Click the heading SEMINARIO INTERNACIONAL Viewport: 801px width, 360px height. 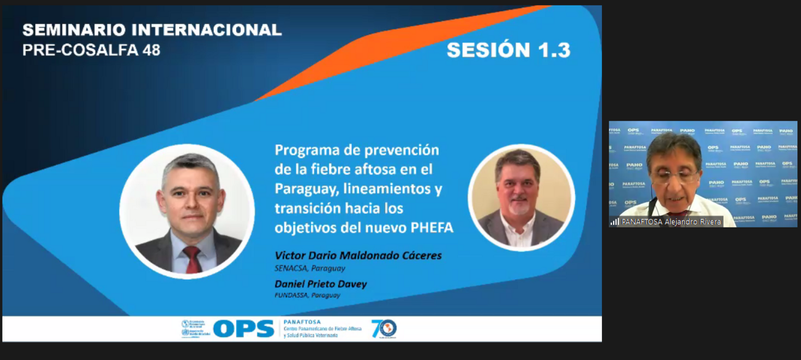[x=152, y=30]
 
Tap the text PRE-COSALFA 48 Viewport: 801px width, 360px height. [x=91, y=51]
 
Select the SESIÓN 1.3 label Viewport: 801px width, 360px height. [x=508, y=50]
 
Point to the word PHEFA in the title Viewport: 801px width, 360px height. [x=431, y=227]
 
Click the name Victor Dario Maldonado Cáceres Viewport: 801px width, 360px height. [x=358, y=255]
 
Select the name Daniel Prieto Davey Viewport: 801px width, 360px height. [x=320, y=284]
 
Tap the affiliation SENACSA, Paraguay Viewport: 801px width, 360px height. [x=309, y=268]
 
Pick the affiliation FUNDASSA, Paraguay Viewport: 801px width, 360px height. [x=307, y=295]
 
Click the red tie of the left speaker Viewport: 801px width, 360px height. [x=192, y=258]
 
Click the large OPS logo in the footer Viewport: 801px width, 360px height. [x=243, y=329]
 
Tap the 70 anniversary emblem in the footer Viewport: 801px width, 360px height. [x=383, y=329]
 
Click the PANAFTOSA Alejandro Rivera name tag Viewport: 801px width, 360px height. [x=671, y=221]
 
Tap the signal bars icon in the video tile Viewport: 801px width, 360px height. [x=615, y=221]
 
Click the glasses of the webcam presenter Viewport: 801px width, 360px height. [x=673, y=176]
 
